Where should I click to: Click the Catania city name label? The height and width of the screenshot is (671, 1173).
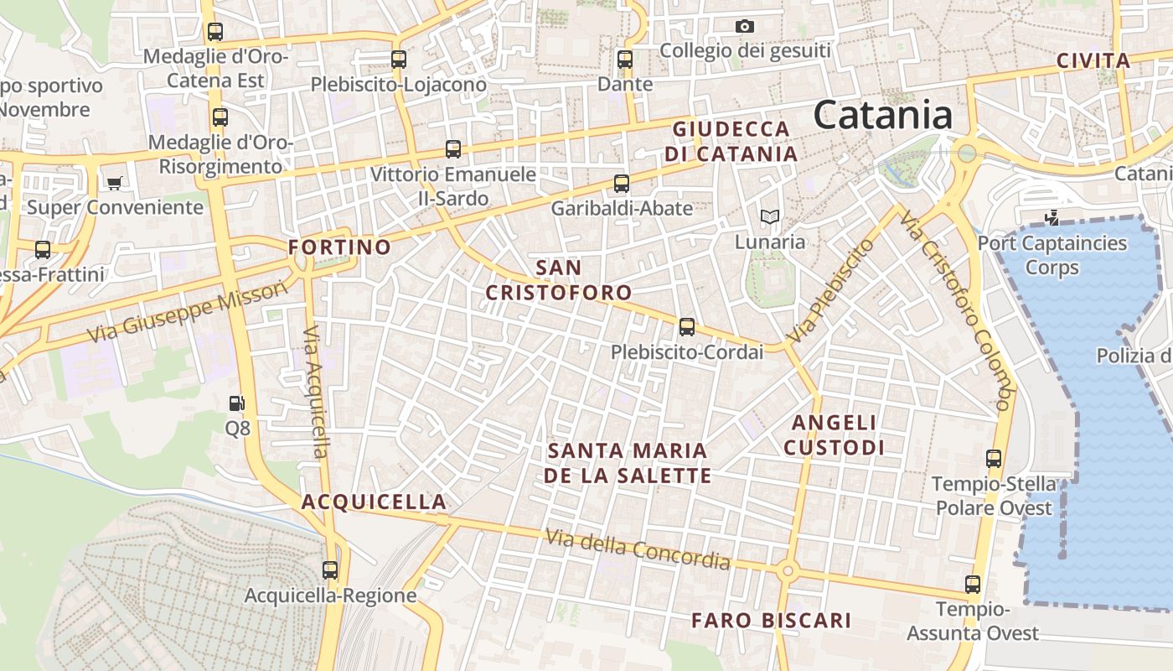[x=883, y=115]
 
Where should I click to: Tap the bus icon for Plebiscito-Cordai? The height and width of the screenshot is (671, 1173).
[x=687, y=327]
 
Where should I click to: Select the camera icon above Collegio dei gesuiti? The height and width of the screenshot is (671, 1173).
[x=744, y=27]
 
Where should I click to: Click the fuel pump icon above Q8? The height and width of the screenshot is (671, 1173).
[x=237, y=403]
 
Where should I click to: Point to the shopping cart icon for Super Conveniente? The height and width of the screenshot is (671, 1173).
[x=114, y=183]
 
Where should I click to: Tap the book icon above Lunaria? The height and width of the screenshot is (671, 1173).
[x=769, y=217]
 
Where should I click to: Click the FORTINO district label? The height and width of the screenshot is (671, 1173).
[x=339, y=247]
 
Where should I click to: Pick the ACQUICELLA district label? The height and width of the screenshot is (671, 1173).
[x=374, y=502]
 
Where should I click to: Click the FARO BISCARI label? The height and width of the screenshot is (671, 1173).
[x=771, y=621]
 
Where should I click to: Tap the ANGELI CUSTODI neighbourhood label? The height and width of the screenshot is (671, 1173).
[x=834, y=434]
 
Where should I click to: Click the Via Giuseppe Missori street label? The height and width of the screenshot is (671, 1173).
[x=189, y=311]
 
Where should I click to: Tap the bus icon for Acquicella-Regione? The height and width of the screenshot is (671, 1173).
[x=330, y=570]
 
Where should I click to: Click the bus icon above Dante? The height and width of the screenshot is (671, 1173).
[x=625, y=59]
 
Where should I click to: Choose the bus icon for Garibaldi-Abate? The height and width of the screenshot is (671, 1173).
[x=622, y=183]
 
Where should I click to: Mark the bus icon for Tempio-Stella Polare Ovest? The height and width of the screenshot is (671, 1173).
[x=994, y=459]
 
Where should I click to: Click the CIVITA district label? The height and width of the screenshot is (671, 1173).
[x=1093, y=60]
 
